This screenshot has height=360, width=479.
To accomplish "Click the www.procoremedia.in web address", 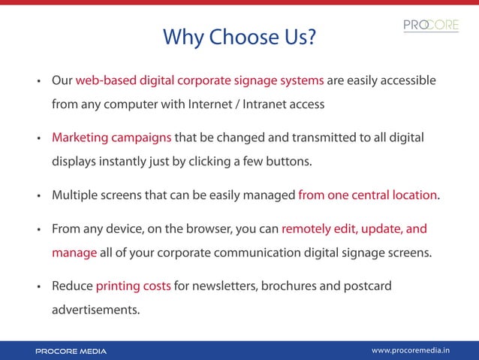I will click(x=421, y=350).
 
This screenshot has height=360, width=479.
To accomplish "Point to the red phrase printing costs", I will click(x=133, y=286).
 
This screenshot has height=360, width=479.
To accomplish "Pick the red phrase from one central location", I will click(x=368, y=195).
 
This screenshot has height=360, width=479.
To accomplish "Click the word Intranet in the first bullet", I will click(x=268, y=104).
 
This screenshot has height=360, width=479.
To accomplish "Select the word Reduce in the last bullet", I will click(x=72, y=286).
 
